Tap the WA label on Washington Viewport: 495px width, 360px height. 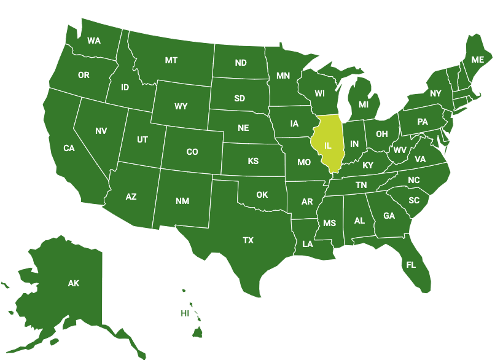(94, 41)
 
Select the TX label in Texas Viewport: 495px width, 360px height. (248, 240)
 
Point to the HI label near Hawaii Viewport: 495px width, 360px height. (184, 313)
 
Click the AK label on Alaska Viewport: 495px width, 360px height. (74, 283)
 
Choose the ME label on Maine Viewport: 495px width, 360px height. (477, 60)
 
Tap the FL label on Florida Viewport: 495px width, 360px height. (411, 265)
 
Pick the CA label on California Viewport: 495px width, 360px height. (69, 147)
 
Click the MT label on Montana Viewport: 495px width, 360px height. (171, 60)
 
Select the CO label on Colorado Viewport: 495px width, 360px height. (192, 152)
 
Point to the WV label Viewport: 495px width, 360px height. (400, 150)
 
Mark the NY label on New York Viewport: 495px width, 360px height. (435, 93)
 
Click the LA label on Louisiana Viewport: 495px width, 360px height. (308, 244)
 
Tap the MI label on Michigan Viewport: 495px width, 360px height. (364, 104)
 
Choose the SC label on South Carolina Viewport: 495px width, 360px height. (414, 200)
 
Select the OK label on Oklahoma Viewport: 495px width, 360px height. (262, 195)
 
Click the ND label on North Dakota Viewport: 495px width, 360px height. (241, 63)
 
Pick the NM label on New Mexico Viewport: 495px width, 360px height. (182, 201)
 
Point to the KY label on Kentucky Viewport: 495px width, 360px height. (368, 165)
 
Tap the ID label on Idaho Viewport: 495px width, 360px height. (125, 87)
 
